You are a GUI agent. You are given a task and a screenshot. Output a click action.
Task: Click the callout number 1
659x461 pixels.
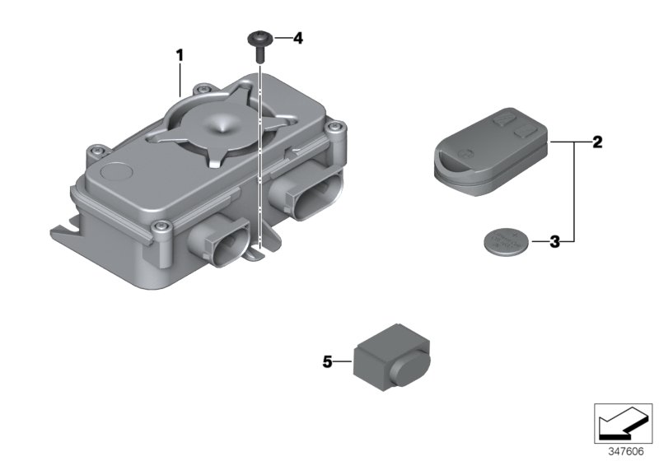pyautogui.click(x=178, y=55)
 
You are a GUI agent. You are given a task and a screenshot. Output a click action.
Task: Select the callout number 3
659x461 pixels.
pyautogui.click(x=554, y=242)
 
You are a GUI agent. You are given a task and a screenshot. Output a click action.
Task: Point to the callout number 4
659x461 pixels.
pyautogui.click(x=298, y=39)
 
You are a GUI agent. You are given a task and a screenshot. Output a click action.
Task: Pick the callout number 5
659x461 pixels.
pyautogui.click(x=327, y=361)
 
